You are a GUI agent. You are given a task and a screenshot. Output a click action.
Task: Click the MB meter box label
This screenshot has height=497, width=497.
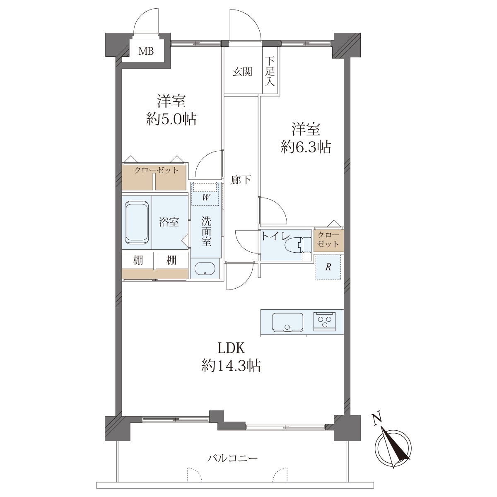[146, 51]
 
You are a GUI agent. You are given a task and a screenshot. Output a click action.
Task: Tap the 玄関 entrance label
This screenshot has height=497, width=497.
[242, 72]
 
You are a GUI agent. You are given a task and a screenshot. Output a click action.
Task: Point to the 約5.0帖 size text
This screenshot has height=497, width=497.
[171, 119]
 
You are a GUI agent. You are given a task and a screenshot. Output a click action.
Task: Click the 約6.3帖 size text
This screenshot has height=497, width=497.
[306, 147]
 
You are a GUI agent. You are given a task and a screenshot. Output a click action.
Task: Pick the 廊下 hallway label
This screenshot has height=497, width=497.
[241, 180]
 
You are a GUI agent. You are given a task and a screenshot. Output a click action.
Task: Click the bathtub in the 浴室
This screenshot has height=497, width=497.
[137, 222]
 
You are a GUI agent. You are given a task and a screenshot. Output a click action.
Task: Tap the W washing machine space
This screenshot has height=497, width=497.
[205, 194]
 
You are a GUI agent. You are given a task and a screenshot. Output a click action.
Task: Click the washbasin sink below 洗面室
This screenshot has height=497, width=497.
[205, 269]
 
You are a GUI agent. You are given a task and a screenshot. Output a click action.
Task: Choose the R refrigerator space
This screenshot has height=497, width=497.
[328, 267]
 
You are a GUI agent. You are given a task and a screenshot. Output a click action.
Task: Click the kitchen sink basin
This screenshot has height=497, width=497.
[287, 322]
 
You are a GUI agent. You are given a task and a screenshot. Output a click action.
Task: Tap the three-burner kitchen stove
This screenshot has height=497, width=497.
[325, 322]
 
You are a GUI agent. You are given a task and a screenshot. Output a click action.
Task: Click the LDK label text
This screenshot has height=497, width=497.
[231, 348]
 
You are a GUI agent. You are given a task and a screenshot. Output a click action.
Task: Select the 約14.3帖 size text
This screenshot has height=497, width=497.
[231, 365]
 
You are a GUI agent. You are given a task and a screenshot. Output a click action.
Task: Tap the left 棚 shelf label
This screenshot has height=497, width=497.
[138, 260]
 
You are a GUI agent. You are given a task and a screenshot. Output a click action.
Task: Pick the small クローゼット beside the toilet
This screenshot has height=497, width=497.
[328, 240]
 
